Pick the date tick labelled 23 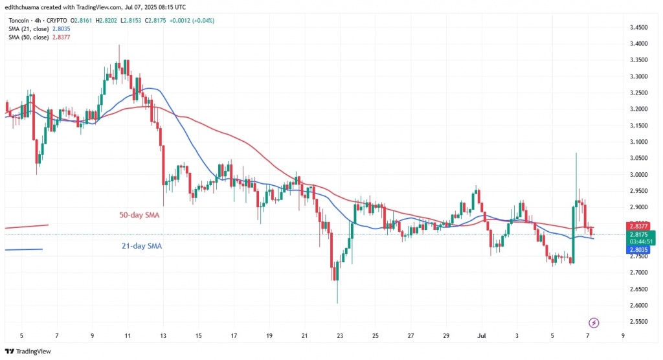[340, 336]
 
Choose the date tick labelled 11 [128, 336]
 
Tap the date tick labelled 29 [445, 336]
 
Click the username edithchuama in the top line [26, 6]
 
